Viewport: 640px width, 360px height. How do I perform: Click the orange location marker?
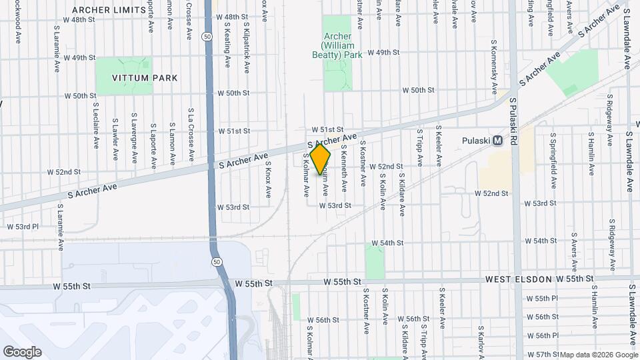pyautogui.click(x=321, y=159)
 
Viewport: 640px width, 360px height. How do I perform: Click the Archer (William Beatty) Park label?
pyautogui.click(x=342, y=45)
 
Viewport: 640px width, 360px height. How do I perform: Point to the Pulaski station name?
pyautogui.click(x=476, y=141)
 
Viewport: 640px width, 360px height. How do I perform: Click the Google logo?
pyautogui.click(x=22, y=351)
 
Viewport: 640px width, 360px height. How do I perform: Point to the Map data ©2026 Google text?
pyautogui.click(x=599, y=355)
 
